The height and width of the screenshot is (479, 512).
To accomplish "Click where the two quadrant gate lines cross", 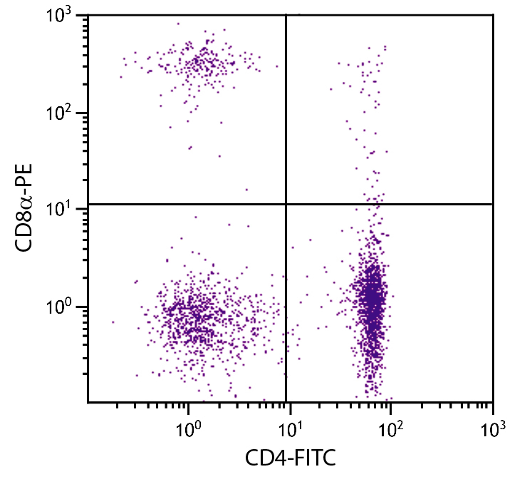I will [286, 204].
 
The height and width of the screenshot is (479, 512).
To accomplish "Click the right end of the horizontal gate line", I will [492, 204].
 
